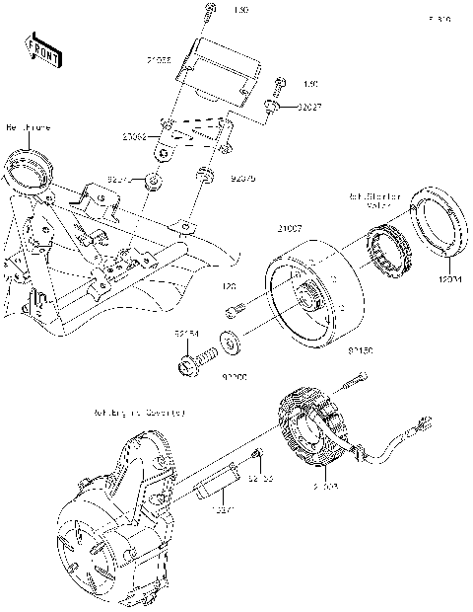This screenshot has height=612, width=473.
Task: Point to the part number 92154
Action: point(188,335)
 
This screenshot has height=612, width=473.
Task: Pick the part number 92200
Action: point(233,376)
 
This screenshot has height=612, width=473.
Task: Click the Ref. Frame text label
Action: point(29,128)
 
